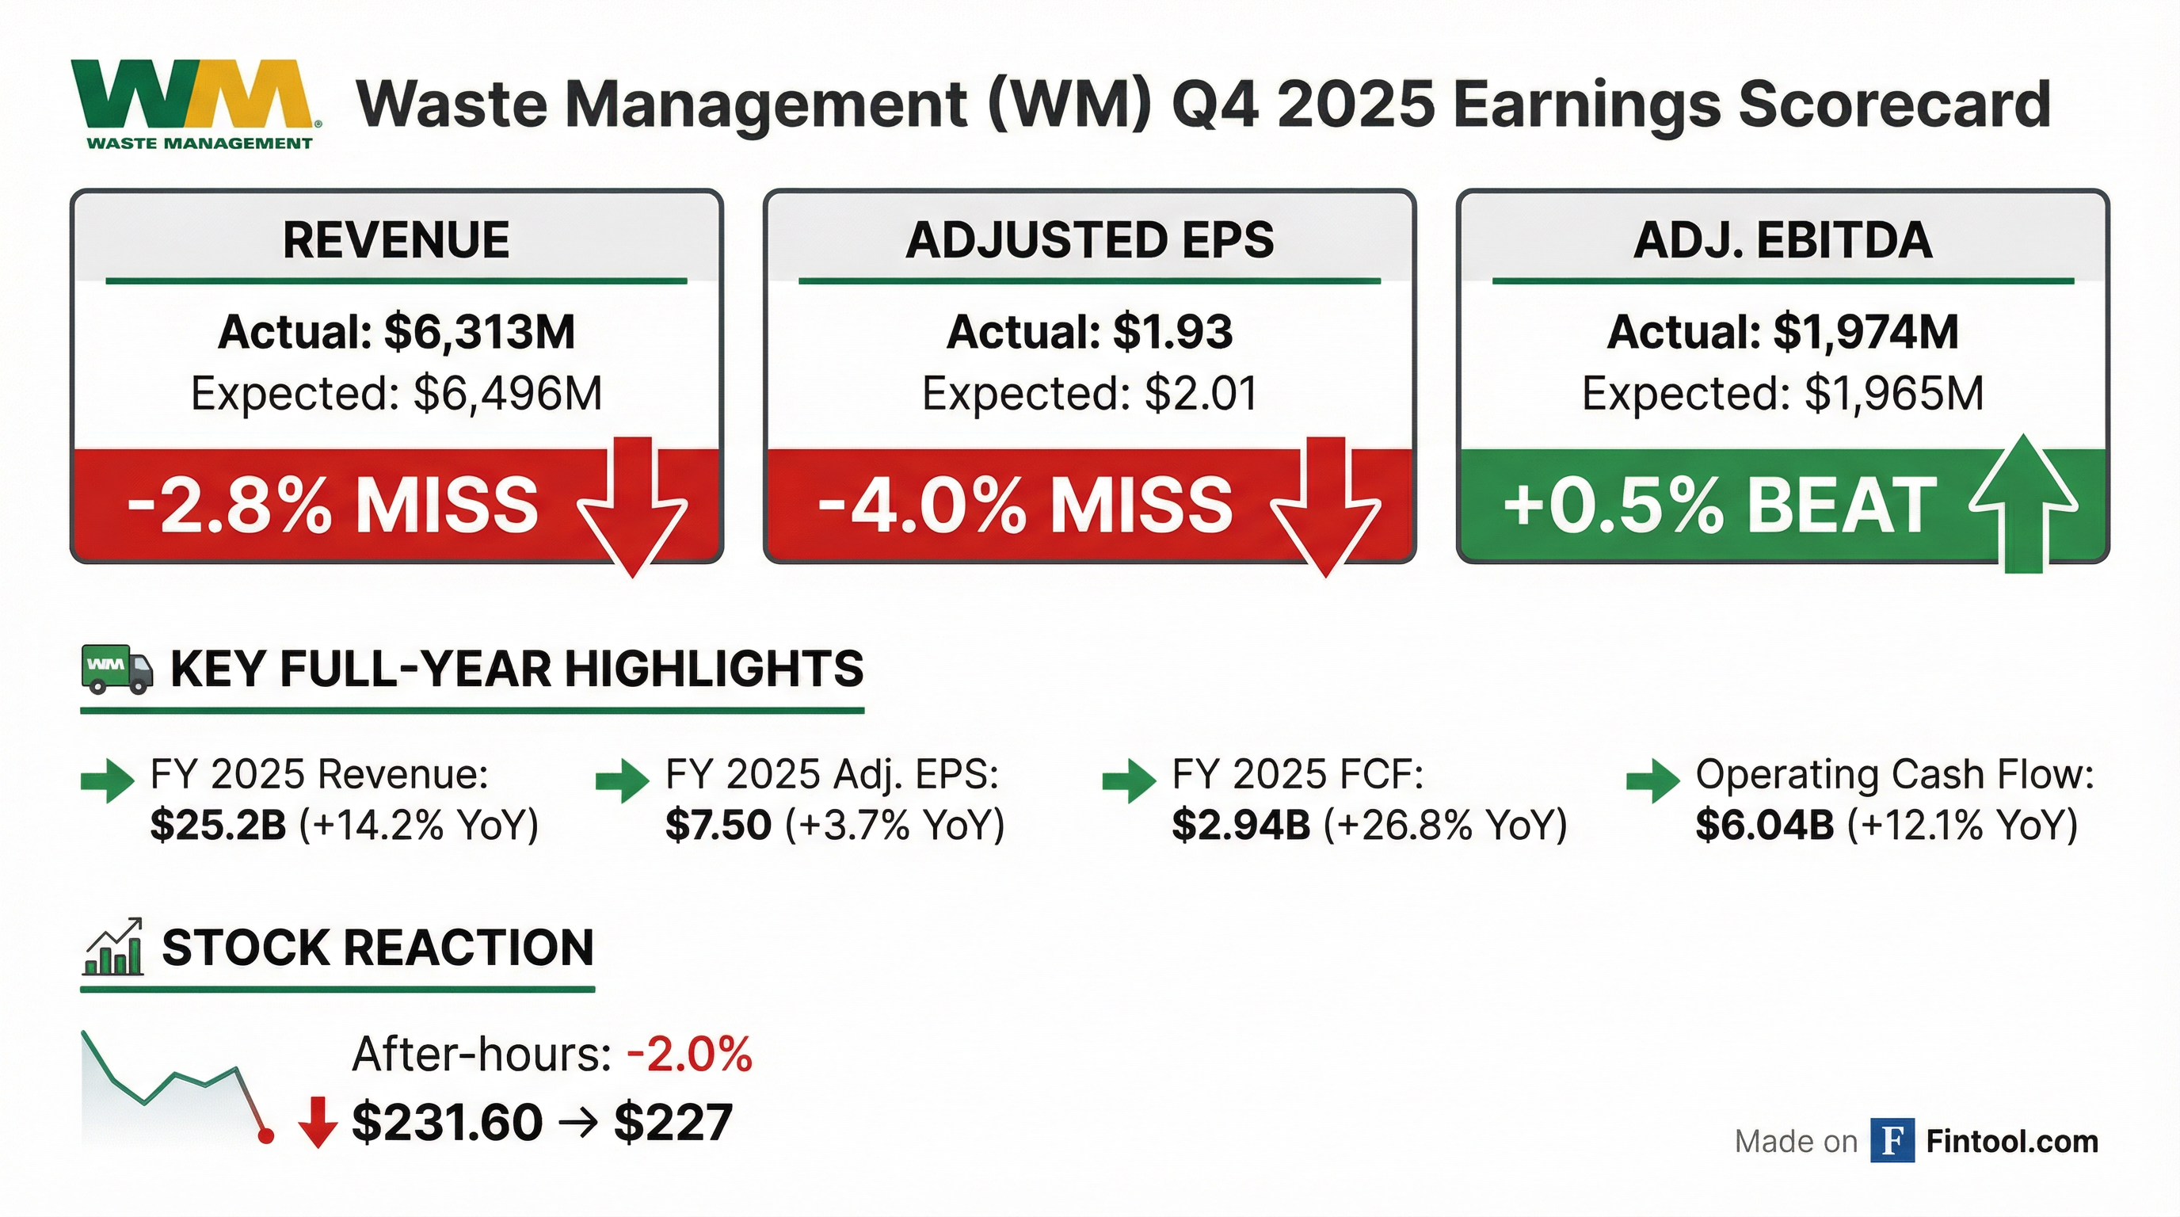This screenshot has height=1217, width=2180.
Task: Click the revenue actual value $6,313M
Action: tap(479, 332)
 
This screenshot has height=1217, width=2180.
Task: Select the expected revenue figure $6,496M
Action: tap(508, 394)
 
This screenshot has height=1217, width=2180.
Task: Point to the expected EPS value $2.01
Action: tap(1201, 394)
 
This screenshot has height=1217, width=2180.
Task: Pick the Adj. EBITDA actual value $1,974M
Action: tap(1866, 332)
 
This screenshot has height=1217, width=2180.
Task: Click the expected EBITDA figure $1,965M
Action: tap(1894, 394)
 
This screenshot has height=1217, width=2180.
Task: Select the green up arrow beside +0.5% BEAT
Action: tap(2023, 505)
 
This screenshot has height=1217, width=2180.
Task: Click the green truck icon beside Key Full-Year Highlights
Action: tap(116, 669)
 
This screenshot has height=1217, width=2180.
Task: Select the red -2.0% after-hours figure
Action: tap(690, 1055)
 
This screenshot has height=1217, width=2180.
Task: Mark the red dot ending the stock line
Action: tap(265, 1135)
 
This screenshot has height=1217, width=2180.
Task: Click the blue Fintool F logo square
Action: tap(1892, 1141)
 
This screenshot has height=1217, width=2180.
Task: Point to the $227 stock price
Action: tap(673, 1123)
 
